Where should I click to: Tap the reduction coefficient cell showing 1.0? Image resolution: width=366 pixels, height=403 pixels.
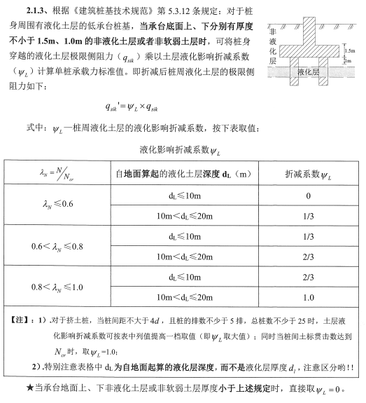pyautogui.click(x=307, y=297)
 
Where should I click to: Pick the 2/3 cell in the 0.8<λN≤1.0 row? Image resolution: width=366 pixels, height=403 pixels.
pyautogui.click(x=307, y=277)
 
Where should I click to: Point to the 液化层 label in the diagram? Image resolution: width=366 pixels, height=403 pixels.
pyautogui.click(x=308, y=71)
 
